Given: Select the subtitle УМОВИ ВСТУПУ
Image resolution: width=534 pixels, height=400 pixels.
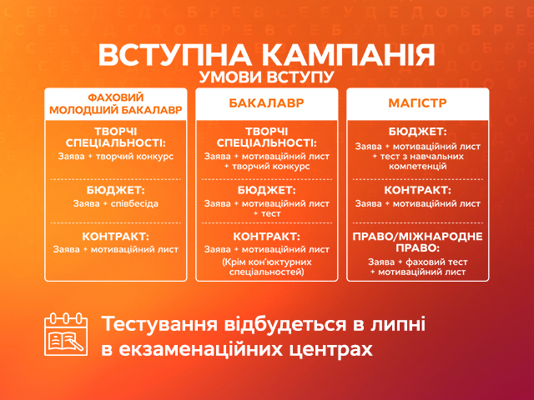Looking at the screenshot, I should [266, 78].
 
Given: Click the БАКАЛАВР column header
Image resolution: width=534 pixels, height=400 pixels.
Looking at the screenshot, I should [266, 105].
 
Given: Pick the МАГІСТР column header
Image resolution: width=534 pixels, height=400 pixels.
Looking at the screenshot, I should [417, 105].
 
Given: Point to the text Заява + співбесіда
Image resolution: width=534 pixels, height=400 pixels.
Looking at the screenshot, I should [116, 202].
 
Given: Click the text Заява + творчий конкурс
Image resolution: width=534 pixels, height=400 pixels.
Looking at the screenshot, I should [116, 156].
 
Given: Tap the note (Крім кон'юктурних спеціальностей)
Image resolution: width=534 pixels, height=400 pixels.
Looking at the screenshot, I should [267, 266].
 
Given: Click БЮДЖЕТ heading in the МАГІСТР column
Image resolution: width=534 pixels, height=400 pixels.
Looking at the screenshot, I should [417, 132].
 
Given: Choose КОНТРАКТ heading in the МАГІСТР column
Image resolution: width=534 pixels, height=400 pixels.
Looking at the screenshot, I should [417, 190].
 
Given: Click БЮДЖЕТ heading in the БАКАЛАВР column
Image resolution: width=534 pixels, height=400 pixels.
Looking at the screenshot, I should [267, 190].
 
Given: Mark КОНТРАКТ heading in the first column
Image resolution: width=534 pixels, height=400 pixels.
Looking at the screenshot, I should [116, 236].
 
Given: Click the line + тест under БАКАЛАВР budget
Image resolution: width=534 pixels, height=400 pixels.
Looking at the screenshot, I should [267, 214].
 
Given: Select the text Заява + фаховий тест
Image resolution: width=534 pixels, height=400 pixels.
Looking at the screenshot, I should [417, 261].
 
